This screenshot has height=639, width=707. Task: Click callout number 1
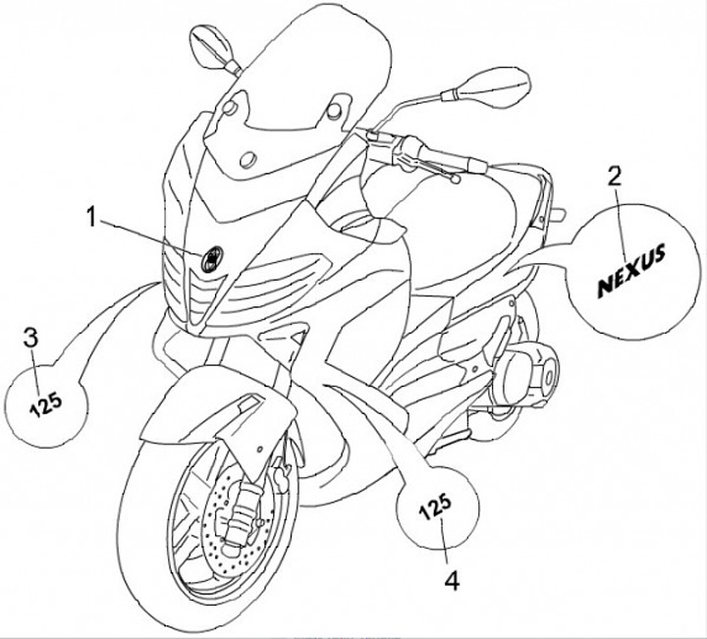[x=91, y=217]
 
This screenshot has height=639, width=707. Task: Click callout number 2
[x=614, y=177]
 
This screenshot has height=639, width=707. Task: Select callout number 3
[x=30, y=338]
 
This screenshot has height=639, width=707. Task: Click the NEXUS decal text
[x=631, y=270]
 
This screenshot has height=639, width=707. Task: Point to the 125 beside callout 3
[x=45, y=402]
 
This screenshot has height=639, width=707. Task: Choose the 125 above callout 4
[x=435, y=506]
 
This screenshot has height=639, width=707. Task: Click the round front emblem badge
[x=211, y=259]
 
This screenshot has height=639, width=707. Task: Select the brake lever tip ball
[x=455, y=180]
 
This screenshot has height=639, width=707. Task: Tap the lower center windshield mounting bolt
[x=247, y=159]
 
